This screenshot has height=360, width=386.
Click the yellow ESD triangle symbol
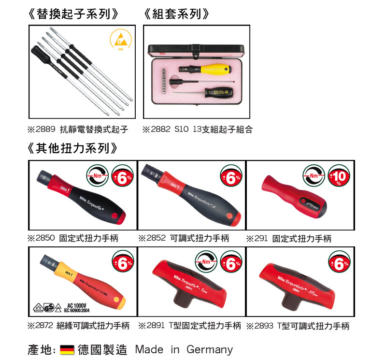[x=120, y=40]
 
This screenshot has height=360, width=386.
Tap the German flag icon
[x=67, y=350]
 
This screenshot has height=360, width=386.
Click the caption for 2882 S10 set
[x=197, y=130]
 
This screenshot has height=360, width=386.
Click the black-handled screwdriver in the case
[x=218, y=92]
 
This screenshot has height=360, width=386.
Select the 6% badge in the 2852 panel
[x=231, y=178]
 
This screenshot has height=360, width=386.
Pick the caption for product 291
[x=289, y=239]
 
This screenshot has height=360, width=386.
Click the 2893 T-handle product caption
[x=298, y=326]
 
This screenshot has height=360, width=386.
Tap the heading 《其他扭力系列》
[x=73, y=148]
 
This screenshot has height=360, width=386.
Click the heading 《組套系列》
[x=177, y=14]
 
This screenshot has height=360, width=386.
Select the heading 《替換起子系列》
[x=73, y=14]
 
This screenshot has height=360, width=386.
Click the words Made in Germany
[x=184, y=349]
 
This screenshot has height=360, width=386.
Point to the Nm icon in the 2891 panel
[x=205, y=262]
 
